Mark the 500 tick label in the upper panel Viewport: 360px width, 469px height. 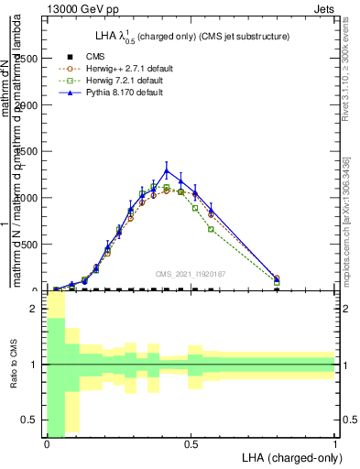tap(31, 245)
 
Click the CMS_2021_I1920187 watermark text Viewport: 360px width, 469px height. tap(191, 274)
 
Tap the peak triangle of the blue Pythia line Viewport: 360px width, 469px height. tap(167, 170)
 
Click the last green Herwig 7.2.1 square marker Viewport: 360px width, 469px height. tap(277, 282)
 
